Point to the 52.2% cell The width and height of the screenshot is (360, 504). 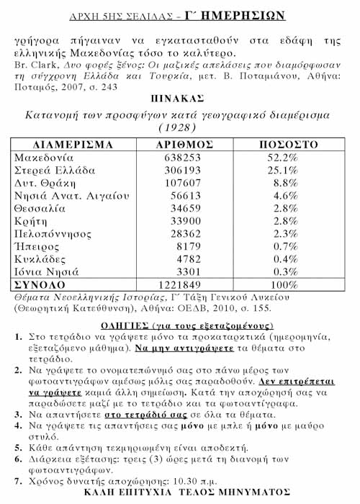point(283,157)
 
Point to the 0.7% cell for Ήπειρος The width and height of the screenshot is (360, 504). point(283,248)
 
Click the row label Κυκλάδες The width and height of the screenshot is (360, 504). point(41,261)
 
